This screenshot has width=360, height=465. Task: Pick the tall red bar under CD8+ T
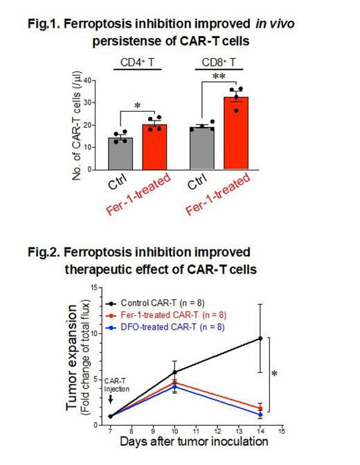(235, 133)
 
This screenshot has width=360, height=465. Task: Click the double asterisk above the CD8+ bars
(219, 77)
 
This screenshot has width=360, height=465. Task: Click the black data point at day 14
(260, 338)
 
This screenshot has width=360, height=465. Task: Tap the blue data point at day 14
(260, 414)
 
